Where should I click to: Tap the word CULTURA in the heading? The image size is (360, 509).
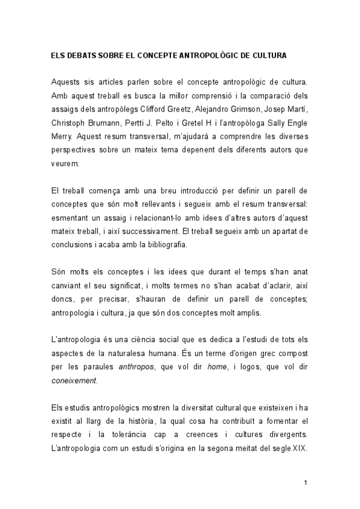click(270, 55)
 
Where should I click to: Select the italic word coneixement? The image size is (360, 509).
click(73, 380)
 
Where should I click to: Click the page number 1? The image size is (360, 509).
click(305, 483)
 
